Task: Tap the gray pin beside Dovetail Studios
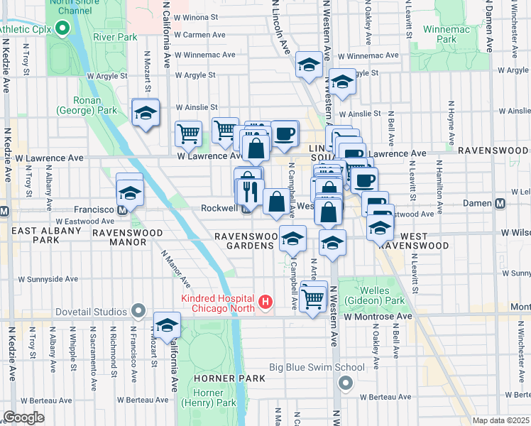(x=138, y=312)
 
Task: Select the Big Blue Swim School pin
(x=346, y=383)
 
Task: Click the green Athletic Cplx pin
(x=62, y=29)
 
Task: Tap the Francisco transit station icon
(x=122, y=210)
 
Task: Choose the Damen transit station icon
(x=500, y=204)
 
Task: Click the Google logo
(x=23, y=417)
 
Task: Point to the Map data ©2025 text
(x=500, y=420)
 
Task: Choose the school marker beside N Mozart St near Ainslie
(x=146, y=113)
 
